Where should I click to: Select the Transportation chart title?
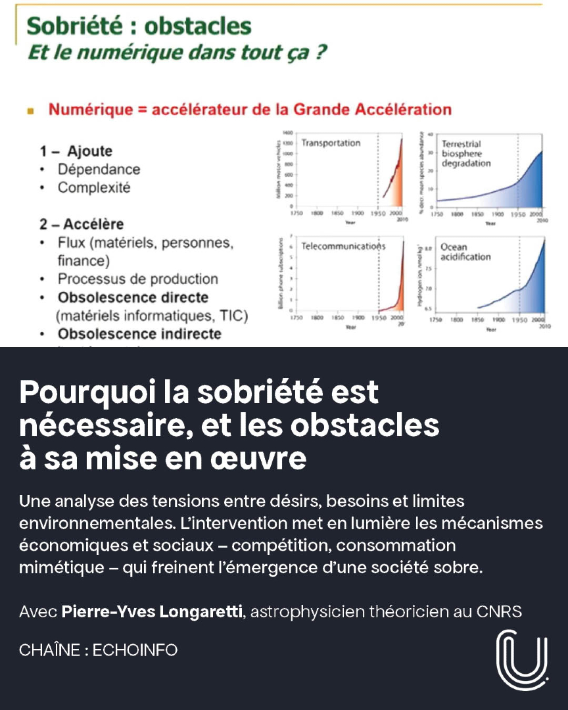pos(331,143)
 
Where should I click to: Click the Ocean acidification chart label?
pos(465,252)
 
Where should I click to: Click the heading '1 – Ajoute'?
pos(76,151)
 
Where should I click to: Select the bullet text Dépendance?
pos(99,169)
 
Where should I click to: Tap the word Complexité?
pos(94,187)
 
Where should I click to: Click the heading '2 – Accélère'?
pos(82,224)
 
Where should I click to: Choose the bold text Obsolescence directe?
pos(133,297)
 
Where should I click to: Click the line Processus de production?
pos(137,279)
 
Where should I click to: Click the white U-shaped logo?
pos(522,660)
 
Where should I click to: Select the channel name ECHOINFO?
pos(135,650)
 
